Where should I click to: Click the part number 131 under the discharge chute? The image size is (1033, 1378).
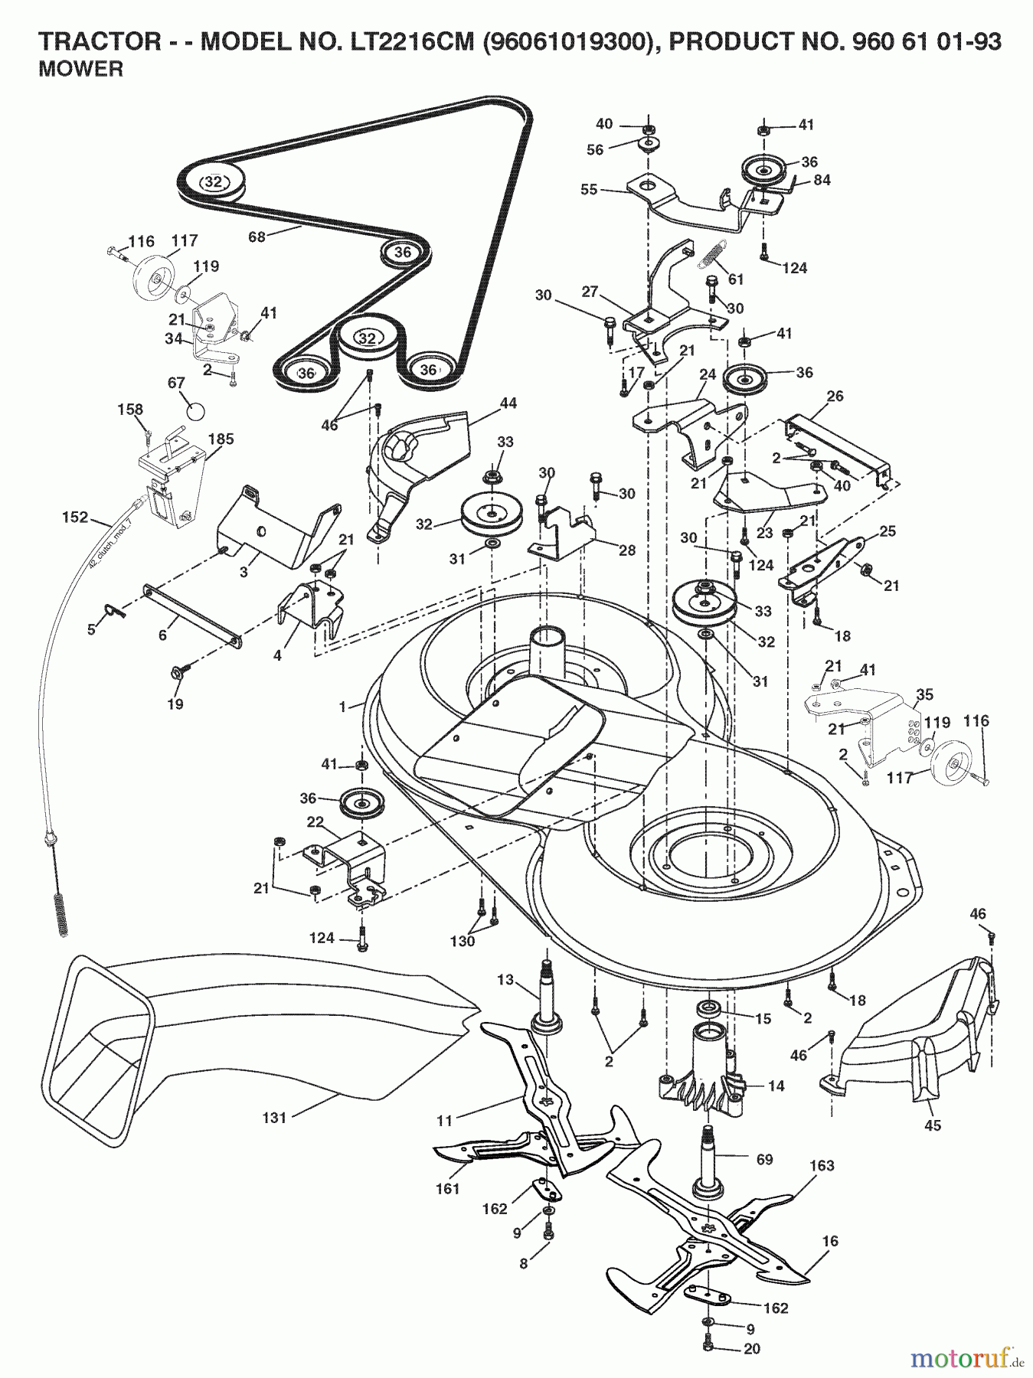click(273, 1118)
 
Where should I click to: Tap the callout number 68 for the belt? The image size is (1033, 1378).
click(257, 237)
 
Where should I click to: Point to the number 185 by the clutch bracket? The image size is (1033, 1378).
click(223, 439)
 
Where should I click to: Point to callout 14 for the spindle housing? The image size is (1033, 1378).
click(776, 1086)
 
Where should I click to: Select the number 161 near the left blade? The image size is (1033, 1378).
click(447, 1188)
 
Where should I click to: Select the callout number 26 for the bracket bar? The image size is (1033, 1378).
click(835, 396)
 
